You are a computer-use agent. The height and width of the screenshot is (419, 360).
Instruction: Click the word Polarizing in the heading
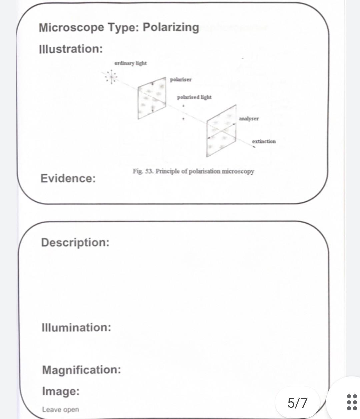tap(171, 27)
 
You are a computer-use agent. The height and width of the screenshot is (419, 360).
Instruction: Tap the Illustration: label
tap(71, 49)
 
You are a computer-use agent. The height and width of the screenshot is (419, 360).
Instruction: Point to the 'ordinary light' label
tap(130, 63)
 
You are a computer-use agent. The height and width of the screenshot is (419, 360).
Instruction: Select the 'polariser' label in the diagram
tap(181, 80)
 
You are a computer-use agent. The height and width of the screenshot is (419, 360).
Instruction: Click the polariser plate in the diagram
tap(152, 98)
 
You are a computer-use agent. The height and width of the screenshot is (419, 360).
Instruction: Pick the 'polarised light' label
tap(194, 97)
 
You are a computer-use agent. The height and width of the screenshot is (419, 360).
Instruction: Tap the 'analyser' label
tap(249, 119)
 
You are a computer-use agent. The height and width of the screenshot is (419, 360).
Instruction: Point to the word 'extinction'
tap(264, 141)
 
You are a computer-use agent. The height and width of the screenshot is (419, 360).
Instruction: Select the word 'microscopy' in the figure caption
tap(238, 171)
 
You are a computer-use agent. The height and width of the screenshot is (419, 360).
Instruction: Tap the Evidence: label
tap(68, 178)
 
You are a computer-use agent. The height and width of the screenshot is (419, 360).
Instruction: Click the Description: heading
tap(75, 242)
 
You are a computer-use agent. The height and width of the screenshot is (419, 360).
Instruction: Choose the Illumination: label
tap(76, 327)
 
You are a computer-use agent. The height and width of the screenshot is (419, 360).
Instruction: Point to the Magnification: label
tap(81, 370)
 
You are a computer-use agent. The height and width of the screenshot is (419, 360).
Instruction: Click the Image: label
tap(61, 391)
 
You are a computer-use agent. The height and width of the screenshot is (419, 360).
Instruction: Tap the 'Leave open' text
tap(60, 409)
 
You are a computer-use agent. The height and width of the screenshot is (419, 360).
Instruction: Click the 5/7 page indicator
tap(297, 403)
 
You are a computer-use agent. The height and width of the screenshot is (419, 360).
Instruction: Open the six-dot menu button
tap(352, 402)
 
